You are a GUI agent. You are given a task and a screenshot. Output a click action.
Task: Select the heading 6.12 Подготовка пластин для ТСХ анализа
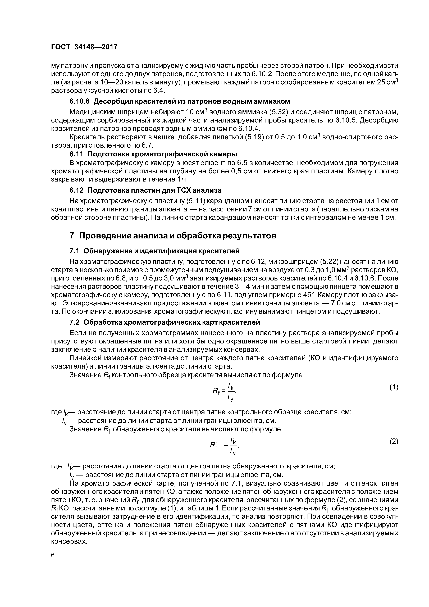pos(145,190)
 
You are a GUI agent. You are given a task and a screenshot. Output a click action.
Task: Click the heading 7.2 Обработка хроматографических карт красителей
pos(165,322)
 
